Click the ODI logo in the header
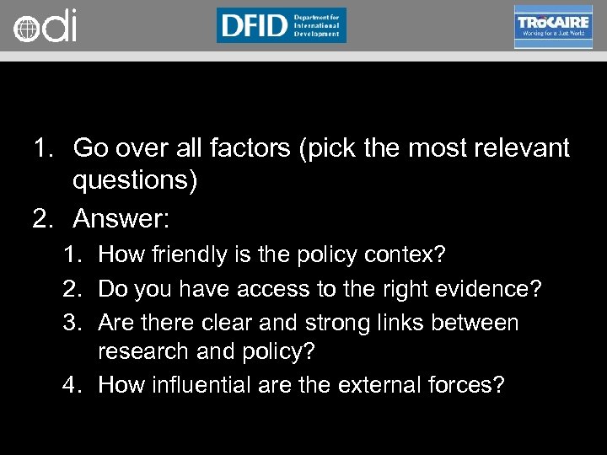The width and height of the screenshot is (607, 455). [x=45, y=26]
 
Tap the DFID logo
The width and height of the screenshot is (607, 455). [x=281, y=25]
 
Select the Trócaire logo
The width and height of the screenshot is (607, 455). [x=553, y=26]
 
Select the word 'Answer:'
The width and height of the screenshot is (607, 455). [x=121, y=219]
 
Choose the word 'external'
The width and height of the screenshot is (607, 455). [x=380, y=386]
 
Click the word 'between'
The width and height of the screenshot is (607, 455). [x=481, y=323]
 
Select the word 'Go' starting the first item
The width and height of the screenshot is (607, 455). [x=90, y=148]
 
